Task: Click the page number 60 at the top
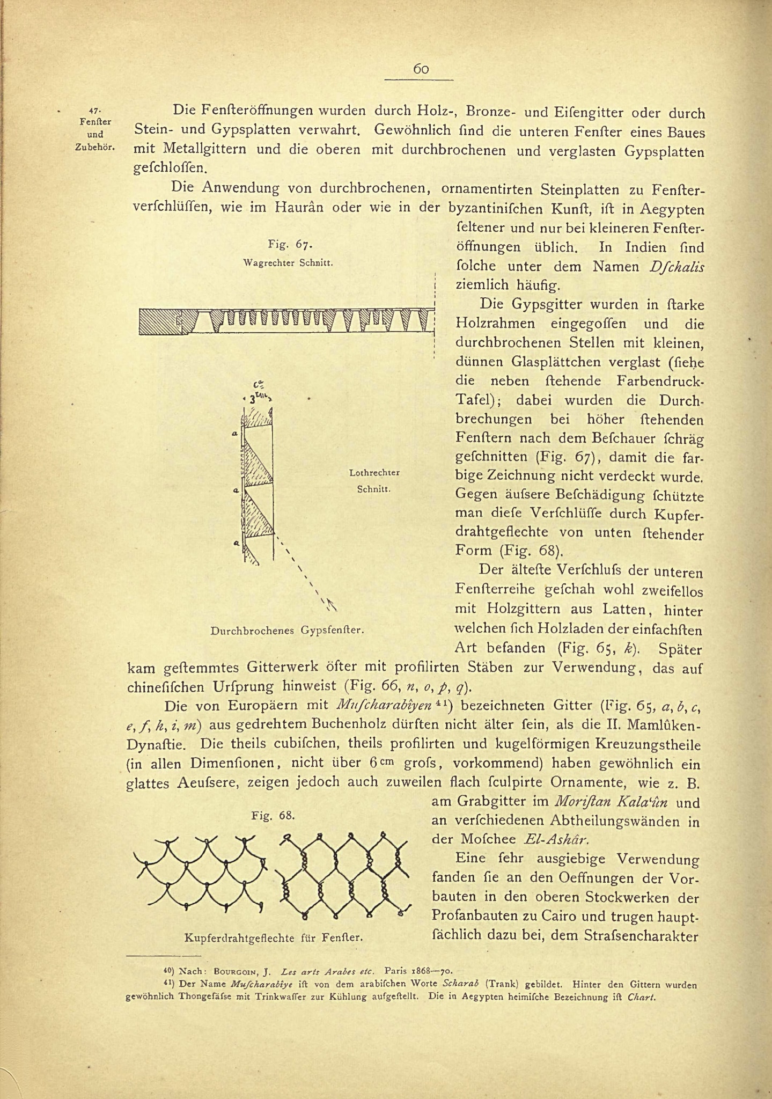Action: [421, 69]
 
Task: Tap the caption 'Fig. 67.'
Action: [290, 245]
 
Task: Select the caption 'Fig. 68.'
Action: [273, 815]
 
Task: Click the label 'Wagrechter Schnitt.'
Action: [289, 263]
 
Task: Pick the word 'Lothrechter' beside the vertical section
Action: [374, 473]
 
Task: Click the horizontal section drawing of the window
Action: [285, 321]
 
